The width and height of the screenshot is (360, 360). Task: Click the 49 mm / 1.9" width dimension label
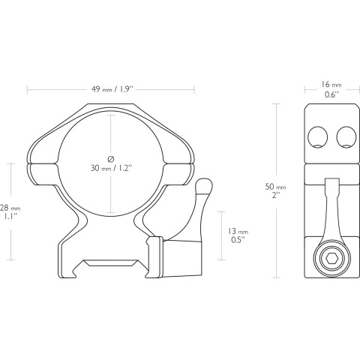point(111,89)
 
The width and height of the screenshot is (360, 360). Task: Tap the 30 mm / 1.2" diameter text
point(111,168)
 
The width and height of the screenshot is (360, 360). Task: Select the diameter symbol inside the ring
point(111,159)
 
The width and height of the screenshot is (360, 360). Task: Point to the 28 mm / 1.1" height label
point(10,211)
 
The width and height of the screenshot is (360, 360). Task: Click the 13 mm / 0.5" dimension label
point(238,235)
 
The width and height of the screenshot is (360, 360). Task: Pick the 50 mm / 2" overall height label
point(275,190)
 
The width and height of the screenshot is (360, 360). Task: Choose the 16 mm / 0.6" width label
point(331,89)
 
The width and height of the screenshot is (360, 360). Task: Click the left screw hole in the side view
point(318,137)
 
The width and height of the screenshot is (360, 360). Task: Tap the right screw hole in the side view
point(346,137)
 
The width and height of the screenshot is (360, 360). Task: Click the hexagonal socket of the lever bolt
point(332,258)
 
